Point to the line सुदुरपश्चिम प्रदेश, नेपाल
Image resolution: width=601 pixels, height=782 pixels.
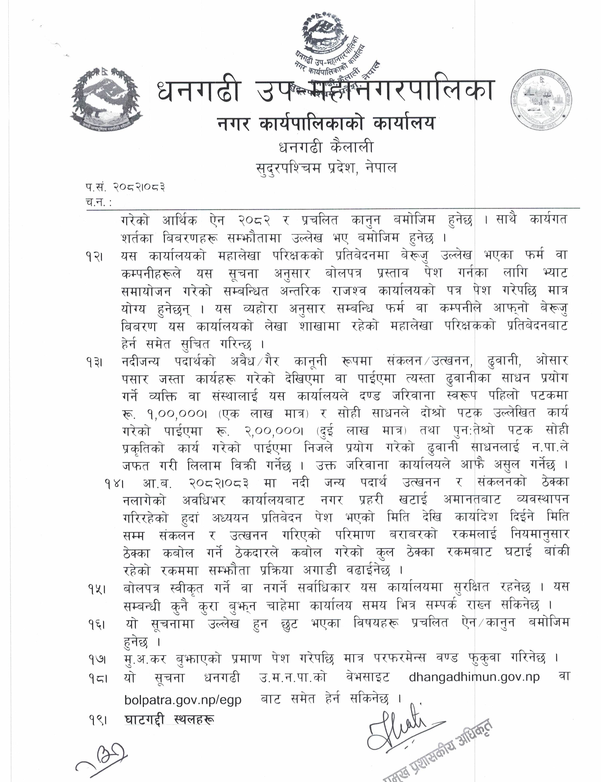click(x=326, y=168)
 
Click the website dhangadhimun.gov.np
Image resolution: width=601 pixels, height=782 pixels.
click(x=474, y=678)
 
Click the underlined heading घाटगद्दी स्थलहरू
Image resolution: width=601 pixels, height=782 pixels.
click(x=169, y=720)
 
